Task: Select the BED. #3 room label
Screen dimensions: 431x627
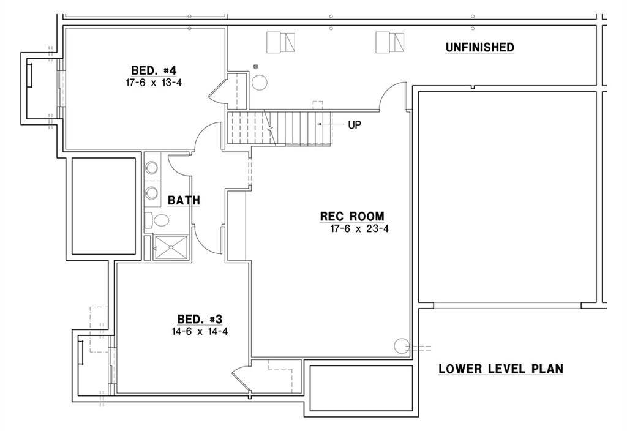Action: [199, 319]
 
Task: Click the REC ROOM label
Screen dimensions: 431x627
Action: [352, 216]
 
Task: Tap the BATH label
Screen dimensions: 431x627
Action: [184, 200]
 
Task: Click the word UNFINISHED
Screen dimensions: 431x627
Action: [479, 47]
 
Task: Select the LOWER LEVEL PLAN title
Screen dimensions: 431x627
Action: [501, 369]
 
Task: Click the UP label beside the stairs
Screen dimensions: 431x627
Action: [354, 124]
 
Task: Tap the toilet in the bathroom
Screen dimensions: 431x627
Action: [160, 221]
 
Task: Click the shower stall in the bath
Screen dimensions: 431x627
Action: [172, 247]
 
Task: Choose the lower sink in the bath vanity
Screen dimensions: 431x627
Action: [152, 193]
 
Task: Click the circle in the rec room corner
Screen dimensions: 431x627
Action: [402, 346]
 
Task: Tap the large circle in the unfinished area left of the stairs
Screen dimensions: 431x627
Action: [260, 82]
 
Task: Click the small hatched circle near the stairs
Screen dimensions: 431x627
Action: [256, 66]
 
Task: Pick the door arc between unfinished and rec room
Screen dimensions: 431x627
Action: [392, 95]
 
